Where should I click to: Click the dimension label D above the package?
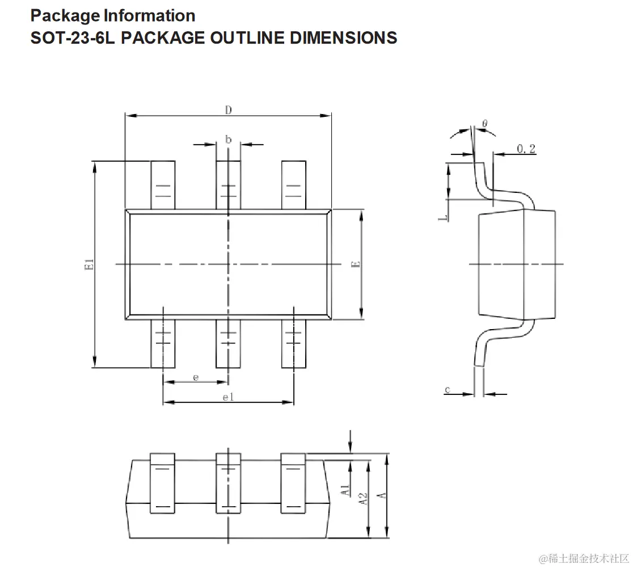tap(229, 110)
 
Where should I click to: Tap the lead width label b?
tap(229, 140)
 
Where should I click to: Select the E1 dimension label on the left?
tap(89, 264)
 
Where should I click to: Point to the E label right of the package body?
tap(356, 264)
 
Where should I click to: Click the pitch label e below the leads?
tap(196, 377)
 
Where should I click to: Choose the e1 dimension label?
tap(228, 397)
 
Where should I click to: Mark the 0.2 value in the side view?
tap(526, 149)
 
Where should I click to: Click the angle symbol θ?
tap(485, 123)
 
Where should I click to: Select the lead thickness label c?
tap(448, 390)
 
